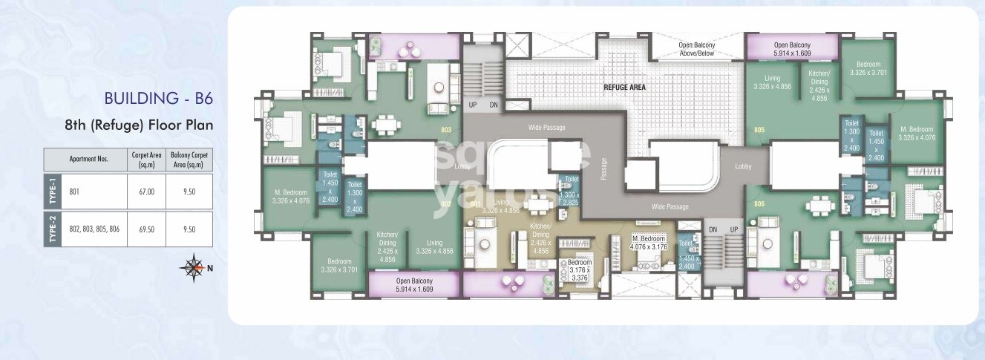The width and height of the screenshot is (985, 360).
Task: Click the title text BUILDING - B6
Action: [x=159, y=99]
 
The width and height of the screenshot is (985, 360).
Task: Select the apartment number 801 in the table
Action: [x=74, y=192]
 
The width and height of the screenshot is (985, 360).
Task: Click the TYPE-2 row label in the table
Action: [x=53, y=229]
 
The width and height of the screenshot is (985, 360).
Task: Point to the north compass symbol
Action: [x=194, y=268]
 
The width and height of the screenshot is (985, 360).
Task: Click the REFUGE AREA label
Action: [x=624, y=88]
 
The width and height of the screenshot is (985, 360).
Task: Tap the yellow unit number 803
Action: [x=446, y=131]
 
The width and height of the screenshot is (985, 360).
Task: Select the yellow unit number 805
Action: [x=759, y=131]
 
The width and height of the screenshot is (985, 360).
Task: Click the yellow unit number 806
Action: [x=759, y=203]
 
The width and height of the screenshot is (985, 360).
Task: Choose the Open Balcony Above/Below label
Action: [x=697, y=49]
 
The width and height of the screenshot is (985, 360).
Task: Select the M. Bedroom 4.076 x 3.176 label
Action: [x=649, y=242]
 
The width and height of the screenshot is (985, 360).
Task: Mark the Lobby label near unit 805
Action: [x=743, y=167]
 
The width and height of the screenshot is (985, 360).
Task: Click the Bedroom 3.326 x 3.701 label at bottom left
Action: [x=340, y=265]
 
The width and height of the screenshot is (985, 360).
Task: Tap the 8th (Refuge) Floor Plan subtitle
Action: [x=140, y=125]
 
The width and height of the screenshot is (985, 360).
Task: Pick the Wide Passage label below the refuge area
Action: [x=671, y=206]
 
